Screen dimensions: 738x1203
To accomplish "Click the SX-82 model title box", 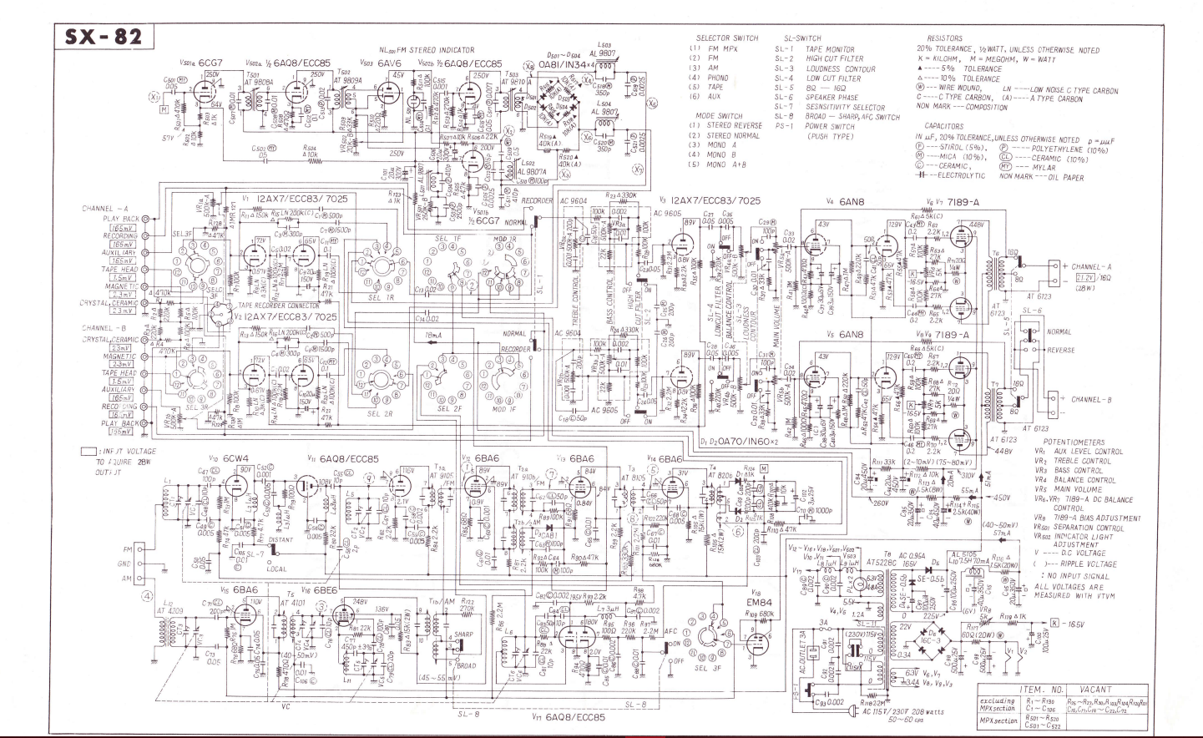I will click(104, 38).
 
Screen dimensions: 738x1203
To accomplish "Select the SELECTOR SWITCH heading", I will click(727, 38).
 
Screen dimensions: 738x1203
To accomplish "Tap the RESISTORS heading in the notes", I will click(944, 38).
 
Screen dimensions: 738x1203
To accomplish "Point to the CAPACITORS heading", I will click(943, 127).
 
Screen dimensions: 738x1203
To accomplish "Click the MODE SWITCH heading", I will click(718, 116).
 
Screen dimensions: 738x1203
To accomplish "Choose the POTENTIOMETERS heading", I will click(1074, 442).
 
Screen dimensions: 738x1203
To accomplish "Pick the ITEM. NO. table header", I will click(1042, 690).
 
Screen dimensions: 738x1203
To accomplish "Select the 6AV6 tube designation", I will click(389, 63).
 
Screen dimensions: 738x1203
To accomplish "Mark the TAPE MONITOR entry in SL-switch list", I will click(830, 50).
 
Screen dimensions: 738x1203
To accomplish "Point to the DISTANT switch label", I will click(281, 539).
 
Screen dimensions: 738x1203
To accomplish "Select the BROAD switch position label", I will click(464, 666).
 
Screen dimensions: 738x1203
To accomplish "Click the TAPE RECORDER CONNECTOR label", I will click(278, 306).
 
